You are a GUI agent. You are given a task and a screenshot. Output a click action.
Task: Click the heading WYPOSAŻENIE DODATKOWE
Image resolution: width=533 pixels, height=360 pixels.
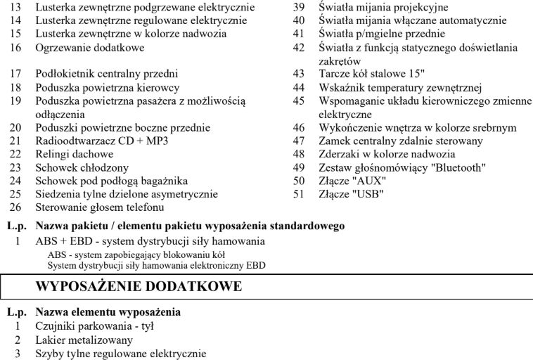click(x=138, y=287)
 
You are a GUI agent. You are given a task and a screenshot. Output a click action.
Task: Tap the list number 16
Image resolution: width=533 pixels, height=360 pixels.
click(x=15, y=48)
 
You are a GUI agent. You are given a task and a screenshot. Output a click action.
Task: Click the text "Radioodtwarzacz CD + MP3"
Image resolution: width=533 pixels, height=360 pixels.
click(x=102, y=141)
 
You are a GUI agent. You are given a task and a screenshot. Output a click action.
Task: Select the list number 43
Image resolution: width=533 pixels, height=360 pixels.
click(x=298, y=74)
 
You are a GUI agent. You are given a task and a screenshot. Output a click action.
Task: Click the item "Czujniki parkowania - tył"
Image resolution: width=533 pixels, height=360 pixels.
click(x=94, y=326)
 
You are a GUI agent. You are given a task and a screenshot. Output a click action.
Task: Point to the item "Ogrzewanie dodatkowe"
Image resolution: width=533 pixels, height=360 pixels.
click(x=89, y=48)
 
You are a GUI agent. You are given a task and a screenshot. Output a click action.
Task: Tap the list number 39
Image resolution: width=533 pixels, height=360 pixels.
click(x=298, y=8)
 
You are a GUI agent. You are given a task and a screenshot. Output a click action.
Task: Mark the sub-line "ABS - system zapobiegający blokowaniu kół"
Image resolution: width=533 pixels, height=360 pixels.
click(x=136, y=255)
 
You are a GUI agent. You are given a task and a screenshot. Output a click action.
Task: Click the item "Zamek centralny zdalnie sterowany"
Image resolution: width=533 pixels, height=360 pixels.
click(x=400, y=141)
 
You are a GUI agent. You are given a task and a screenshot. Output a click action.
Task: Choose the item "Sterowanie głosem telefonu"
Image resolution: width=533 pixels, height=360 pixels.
click(x=100, y=207)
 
